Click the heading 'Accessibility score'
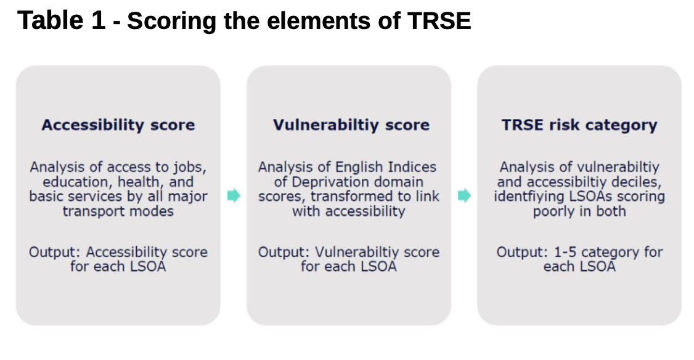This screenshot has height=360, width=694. pos(118,125)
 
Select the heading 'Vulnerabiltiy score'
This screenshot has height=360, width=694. pos(351,125)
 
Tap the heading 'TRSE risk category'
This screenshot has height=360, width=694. pos(579,125)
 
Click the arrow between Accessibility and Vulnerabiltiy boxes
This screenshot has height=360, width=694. pos(234,195)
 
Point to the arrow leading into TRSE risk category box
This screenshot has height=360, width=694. pos(464,195)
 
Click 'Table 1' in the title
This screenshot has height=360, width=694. pos(62,20)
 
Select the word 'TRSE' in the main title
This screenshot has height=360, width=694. pos(439,20)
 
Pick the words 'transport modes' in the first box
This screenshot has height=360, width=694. pos(118,211)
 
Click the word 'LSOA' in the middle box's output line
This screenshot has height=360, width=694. pos(379,266)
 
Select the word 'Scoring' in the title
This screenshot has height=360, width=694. pos(172,21)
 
